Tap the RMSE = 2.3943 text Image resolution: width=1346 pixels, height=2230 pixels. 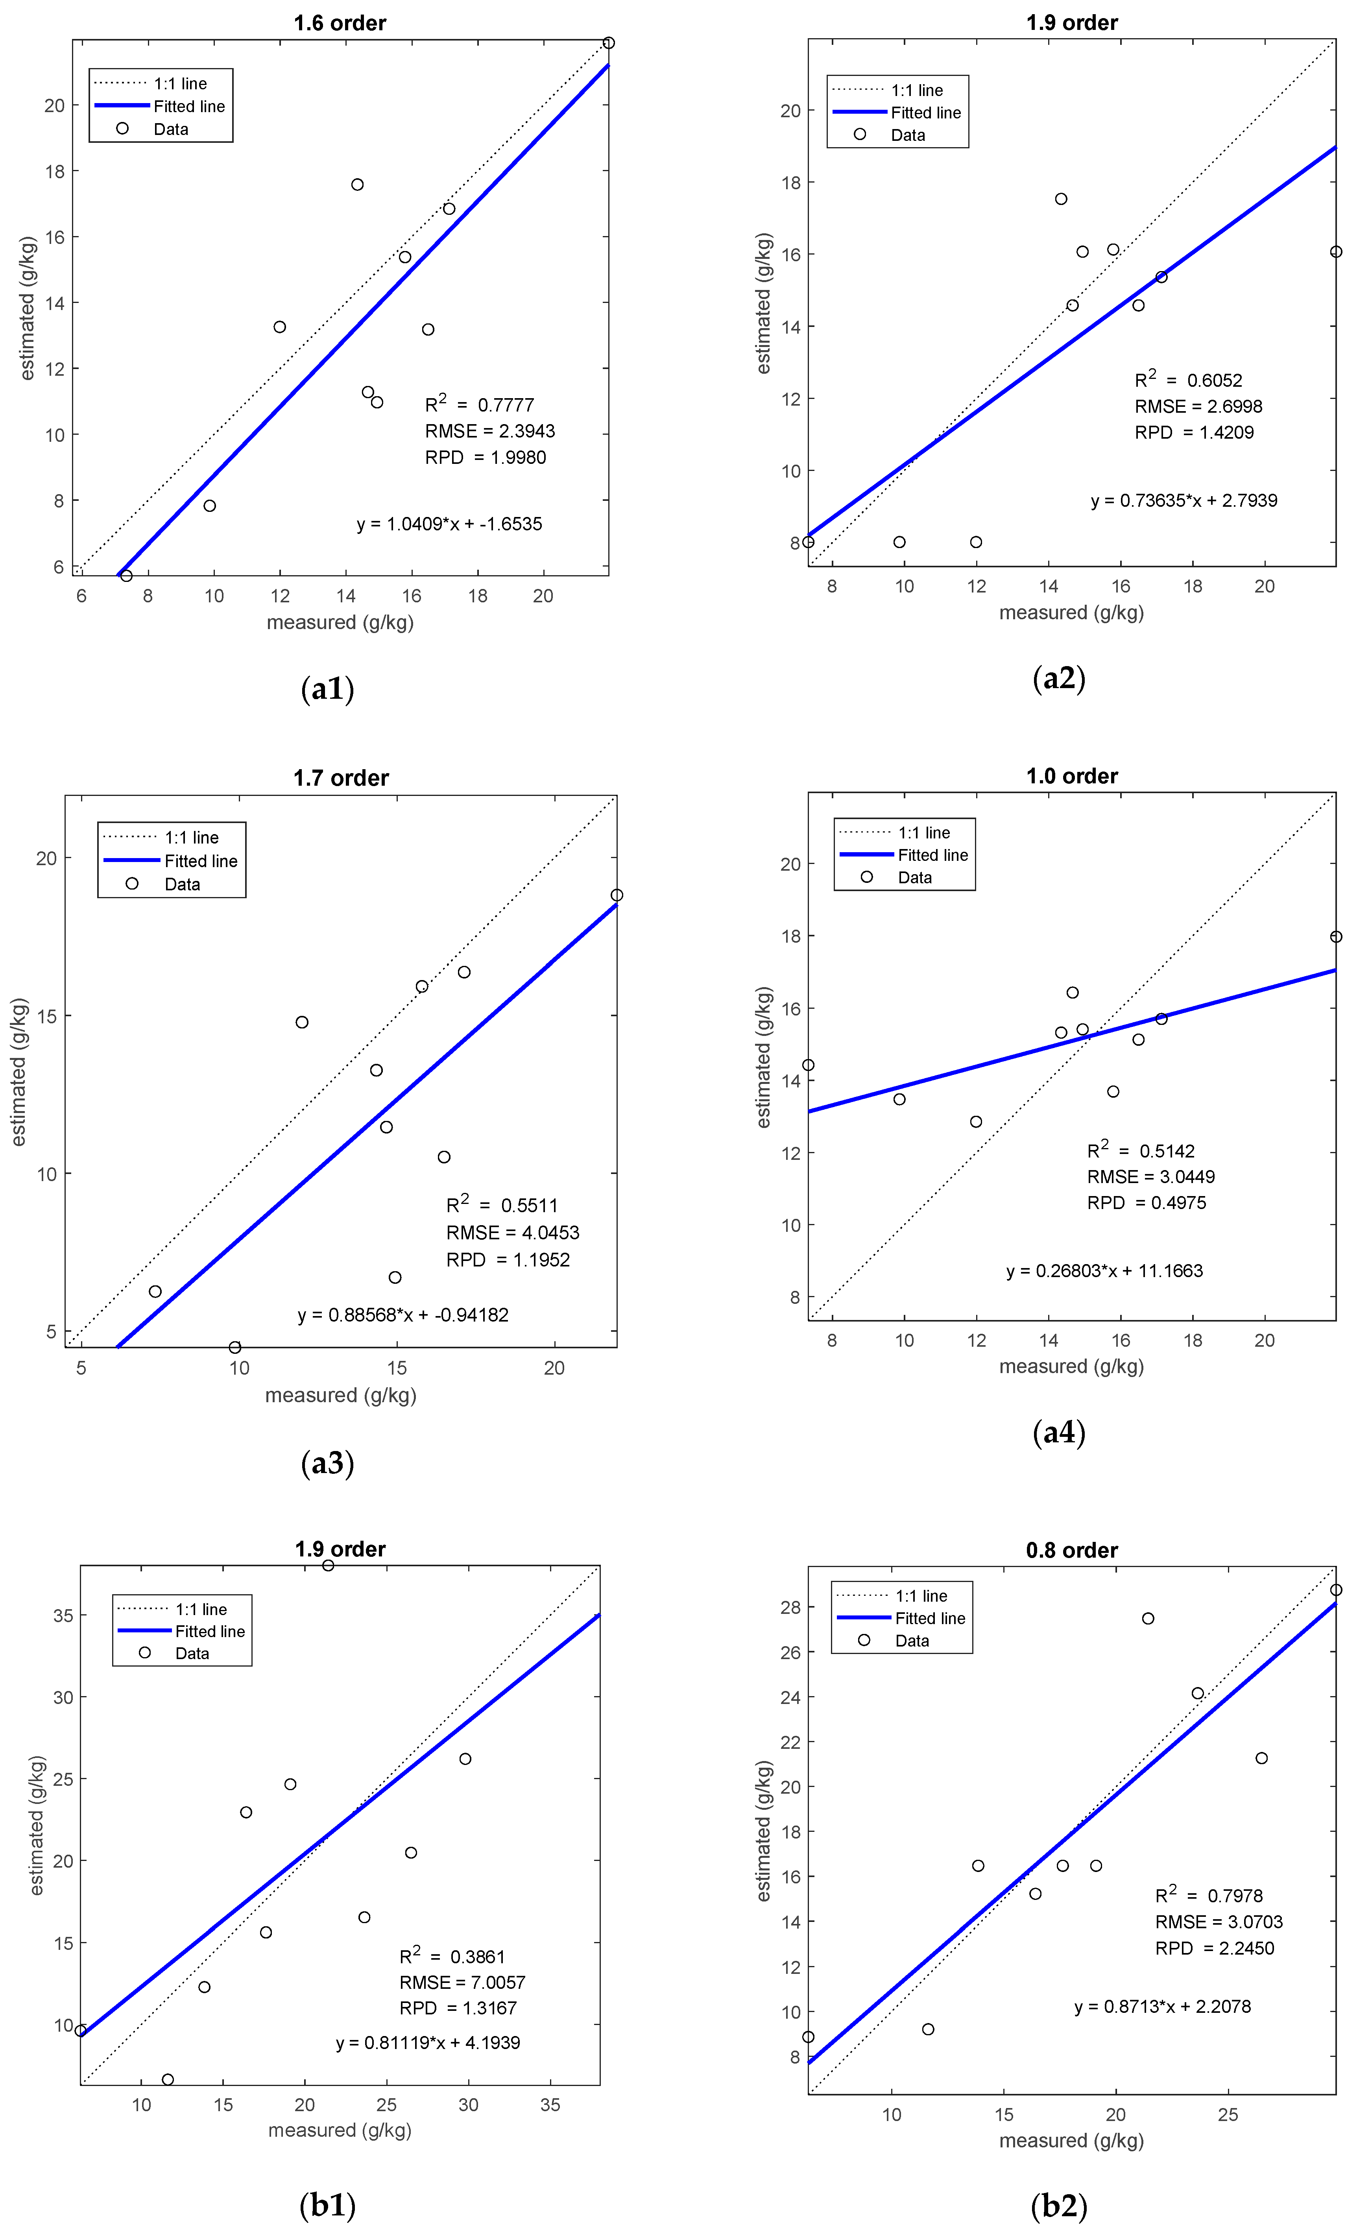pos(490,431)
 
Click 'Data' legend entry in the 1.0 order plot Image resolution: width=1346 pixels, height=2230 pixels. pos(914,877)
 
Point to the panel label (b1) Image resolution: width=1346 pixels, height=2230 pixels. pos(327,2206)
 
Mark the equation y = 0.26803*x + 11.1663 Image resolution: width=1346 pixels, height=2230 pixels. pos(1104,1271)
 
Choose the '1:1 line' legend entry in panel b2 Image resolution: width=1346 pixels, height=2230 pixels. pos(921,1595)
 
